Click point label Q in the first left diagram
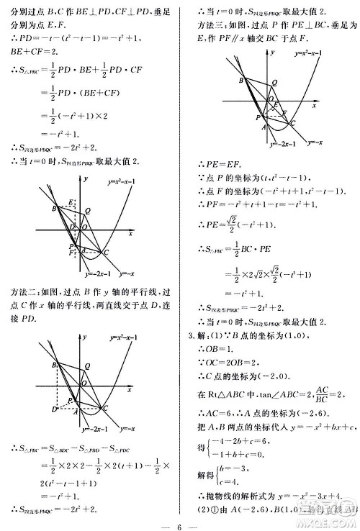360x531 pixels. (87, 211)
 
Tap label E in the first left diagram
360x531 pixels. (70, 202)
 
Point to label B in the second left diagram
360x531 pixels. (54, 366)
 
